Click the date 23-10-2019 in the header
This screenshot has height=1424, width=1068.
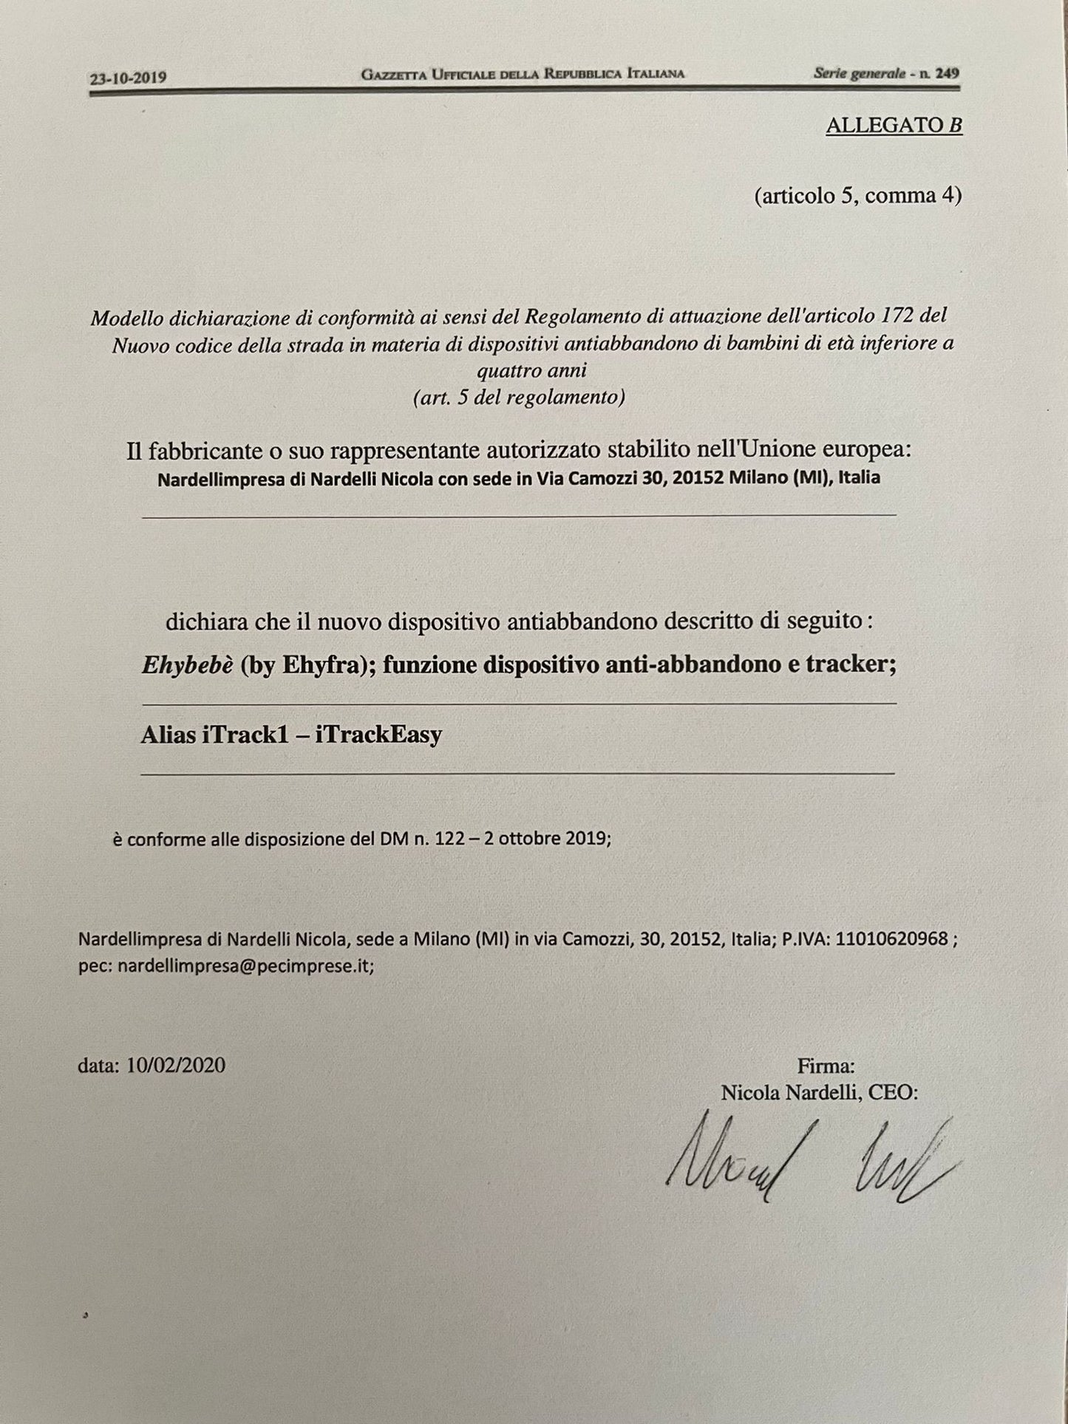tap(128, 77)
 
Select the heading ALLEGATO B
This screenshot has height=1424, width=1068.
tap(894, 126)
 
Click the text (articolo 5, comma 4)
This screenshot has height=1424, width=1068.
tap(857, 196)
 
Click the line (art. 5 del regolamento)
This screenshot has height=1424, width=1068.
tap(519, 398)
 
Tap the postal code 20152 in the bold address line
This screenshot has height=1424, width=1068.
tap(699, 477)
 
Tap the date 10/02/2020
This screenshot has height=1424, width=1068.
tap(176, 1065)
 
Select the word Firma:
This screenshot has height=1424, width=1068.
tap(826, 1066)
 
